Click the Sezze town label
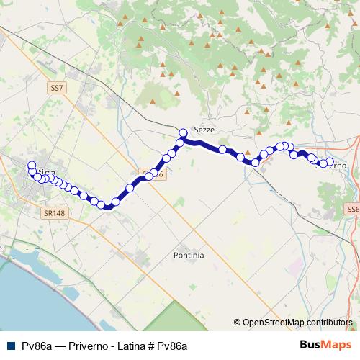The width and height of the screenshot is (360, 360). (x=204, y=129)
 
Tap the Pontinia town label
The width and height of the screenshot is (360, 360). (x=189, y=255)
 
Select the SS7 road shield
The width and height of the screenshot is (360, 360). (x=57, y=87)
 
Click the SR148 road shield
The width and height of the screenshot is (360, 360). (x=53, y=213)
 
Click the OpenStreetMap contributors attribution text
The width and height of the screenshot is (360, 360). (x=297, y=323)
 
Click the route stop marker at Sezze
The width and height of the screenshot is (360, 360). (x=183, y=132)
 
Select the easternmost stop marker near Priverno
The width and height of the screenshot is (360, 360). (x=330, y=162)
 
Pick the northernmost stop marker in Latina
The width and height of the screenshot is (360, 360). (x=32, y=166)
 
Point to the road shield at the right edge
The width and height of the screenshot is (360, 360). (x=353, y=209)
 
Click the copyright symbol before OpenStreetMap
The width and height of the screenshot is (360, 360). (x=237, y=323)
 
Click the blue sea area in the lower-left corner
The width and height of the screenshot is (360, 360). (x=29, y=288)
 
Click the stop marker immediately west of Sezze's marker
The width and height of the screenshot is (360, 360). (x=180, y=142)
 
